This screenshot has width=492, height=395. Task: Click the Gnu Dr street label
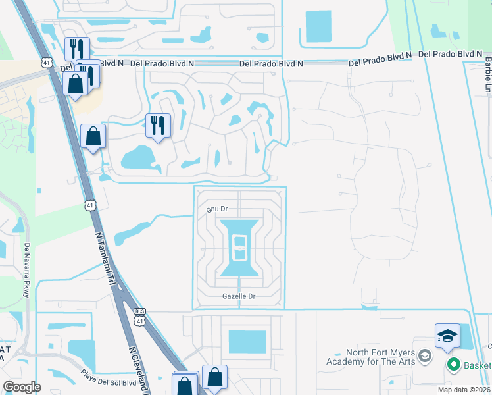click(216, 209)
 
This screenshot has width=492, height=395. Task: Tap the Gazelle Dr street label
click(239, 297)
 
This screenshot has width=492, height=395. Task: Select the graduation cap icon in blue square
click(447, 336)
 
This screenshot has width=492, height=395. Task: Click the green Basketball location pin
click(453, 363)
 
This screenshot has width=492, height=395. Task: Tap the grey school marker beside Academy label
click(424, 356)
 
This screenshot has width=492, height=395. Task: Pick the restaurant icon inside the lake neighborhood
click(158, 124)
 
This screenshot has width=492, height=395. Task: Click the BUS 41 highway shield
click(139, 317)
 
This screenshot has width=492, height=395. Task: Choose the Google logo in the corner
click(22, 386)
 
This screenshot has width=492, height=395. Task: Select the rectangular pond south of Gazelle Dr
click(247, 342)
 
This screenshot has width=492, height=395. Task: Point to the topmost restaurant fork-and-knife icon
click(77, 48)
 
